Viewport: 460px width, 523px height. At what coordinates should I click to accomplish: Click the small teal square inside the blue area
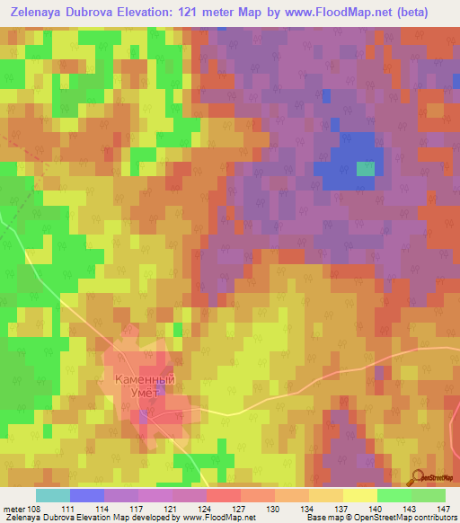click(366, 168)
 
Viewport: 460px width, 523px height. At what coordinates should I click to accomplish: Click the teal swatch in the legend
click(53, 495)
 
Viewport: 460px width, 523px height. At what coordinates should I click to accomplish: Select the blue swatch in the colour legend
click(87, 495)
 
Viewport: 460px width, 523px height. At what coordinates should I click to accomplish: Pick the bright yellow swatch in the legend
click(359, 495)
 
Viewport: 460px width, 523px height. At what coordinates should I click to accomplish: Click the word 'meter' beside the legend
click(13, 509)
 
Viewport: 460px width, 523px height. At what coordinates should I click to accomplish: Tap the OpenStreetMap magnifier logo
click(417, 477)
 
